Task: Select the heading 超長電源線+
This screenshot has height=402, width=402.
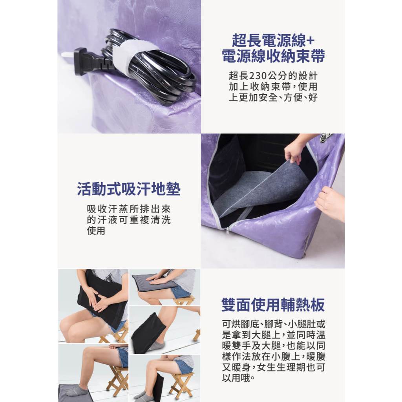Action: pos(273,40)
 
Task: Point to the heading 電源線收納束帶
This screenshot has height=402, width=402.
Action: pos(273,56)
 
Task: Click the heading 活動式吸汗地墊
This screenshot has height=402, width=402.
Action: pos(129,189)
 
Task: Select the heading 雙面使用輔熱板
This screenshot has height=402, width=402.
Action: pos(273,304)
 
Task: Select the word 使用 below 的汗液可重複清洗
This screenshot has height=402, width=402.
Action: pos(96,231)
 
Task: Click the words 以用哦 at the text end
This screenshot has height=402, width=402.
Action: pos(236,378)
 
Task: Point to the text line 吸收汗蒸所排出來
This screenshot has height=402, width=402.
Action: pos(129,209)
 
